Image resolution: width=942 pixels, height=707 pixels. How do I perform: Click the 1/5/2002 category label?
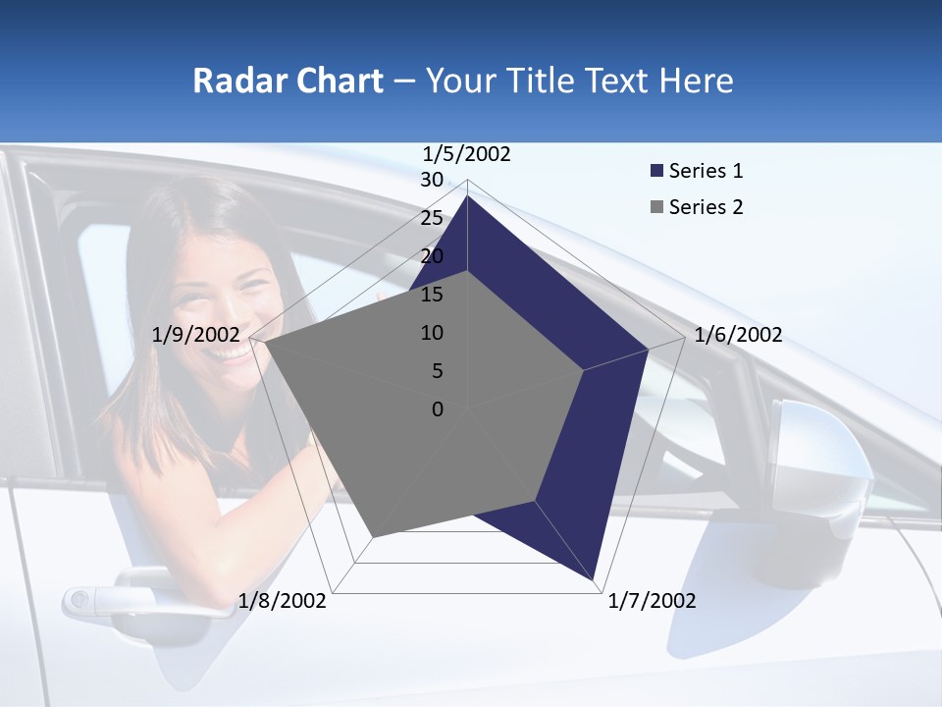pyautogui.click(x=467, y=154)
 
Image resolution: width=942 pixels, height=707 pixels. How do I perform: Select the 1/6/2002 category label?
pyautogui.click(x=738, y=335)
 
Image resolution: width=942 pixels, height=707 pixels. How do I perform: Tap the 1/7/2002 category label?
pyautogui.click(x=652, y=601)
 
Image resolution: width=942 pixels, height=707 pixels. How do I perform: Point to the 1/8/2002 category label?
pyautogui.click(x=283, y=601)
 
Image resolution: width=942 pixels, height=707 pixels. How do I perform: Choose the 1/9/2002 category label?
pyautogui.click(x=196, y=335)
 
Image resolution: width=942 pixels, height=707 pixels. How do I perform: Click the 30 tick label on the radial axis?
pyautogui.click(x=432, y=180)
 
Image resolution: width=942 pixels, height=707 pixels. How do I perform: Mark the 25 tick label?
pyautogui.click(x=432, y=218)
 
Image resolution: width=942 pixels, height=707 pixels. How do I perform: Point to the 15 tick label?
pyautogui.click(x=432, y=295)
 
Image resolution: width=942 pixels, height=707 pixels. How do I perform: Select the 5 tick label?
pyautogui.click(x=437, y=371)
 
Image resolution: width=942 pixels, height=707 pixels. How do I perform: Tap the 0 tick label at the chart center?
pyautogui.click(x=438, y=409)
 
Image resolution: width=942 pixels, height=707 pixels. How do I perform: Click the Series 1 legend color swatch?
pyautogui.click(x=656, y=171)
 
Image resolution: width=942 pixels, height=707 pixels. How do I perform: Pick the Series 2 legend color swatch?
pyautogui.click(x=656, y=207)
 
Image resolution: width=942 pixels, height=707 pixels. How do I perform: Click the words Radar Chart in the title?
pyautogui.click(x=288, y=81)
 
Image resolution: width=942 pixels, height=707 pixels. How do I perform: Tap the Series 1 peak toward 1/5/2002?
pyautogui.click(x=468, y=196)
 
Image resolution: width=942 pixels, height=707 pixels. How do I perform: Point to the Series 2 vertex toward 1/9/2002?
pyautogui.click(x=264, y=343)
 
